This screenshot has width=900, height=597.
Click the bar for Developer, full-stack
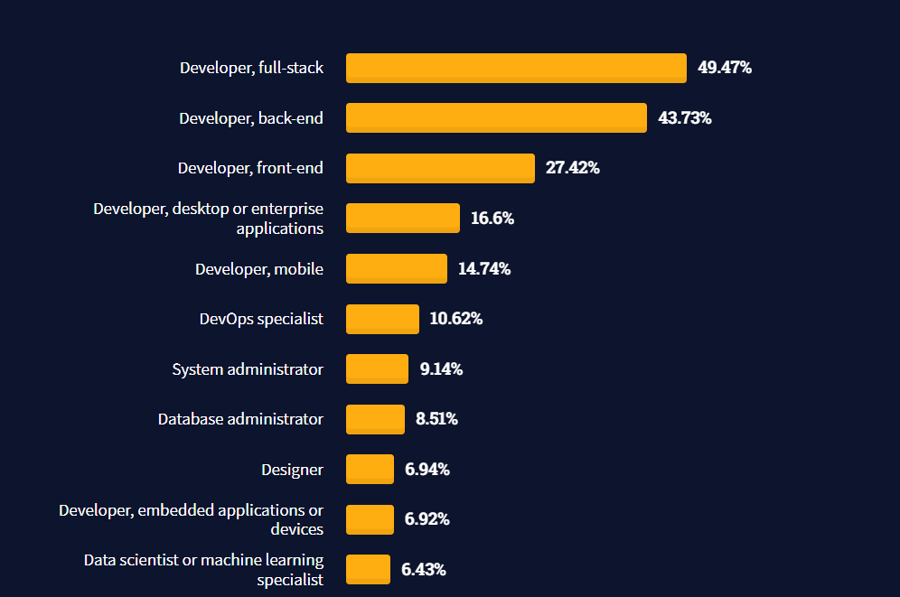point(516,68)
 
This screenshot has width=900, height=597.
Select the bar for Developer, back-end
point(496,118)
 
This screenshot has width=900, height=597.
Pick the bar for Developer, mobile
point(396,268)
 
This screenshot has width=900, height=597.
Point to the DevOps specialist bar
point(382,319)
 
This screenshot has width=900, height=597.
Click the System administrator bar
point(377,368)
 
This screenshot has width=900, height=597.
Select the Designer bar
point(370,469)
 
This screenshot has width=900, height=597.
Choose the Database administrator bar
point(375,419)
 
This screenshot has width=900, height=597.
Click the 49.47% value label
point(725,68)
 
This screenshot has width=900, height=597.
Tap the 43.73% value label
point(685,118)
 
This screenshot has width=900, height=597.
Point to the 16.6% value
point(492,219)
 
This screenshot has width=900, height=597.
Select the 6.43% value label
point(424,570)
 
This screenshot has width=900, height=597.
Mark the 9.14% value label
point(441,369)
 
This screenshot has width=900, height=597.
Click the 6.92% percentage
point(427,519)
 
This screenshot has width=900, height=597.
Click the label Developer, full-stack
point(251,68)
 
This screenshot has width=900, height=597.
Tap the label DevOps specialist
point(261,319)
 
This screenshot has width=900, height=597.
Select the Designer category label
point(292,470)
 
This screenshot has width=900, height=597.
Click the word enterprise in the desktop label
point(290,210)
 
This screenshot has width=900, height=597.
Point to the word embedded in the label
point(171,511)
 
